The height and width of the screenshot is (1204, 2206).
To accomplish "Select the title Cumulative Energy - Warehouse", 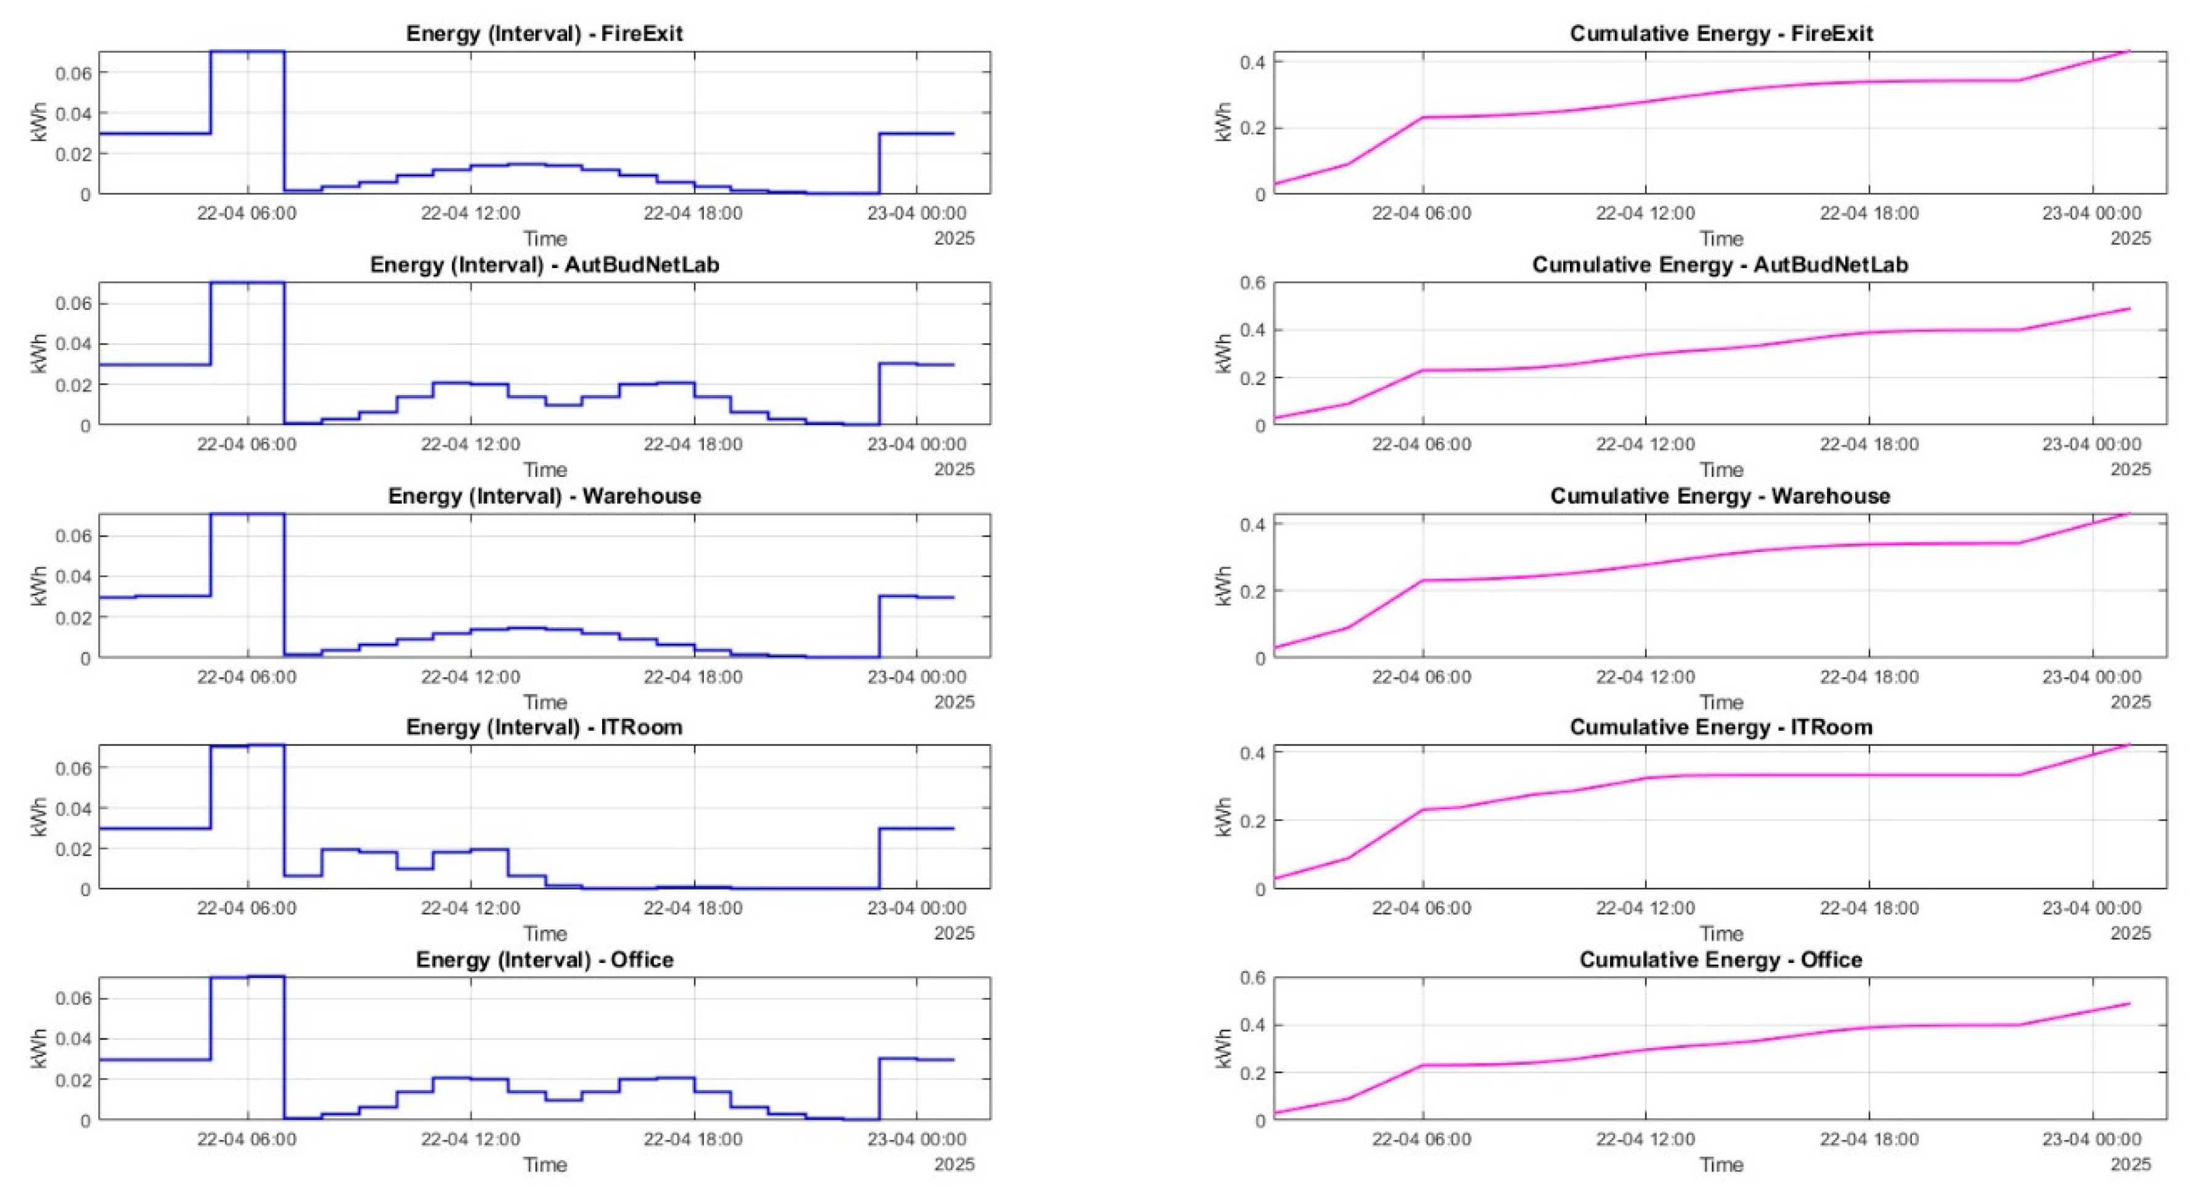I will tap(1720, 497).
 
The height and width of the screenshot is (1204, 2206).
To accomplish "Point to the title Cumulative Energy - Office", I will tap(1720, 960).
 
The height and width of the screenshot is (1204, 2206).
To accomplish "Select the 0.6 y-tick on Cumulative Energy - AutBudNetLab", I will tap(1253, 283).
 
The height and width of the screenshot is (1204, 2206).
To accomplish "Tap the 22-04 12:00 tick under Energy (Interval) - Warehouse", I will tap(470, 677).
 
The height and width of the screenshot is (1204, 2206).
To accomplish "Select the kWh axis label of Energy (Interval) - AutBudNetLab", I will tap(39, 354).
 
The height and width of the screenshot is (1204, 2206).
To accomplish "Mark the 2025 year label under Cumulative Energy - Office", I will tap(2130, 1165).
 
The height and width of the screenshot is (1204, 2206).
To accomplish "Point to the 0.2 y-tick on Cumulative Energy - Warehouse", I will tap(1253, 591).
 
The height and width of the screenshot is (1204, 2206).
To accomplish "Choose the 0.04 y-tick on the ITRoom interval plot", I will tap(73, 808).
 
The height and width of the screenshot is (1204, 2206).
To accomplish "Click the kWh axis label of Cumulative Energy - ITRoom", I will tap(1223, 817).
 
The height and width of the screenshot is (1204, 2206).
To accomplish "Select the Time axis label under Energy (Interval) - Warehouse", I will tap(545, 702).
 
